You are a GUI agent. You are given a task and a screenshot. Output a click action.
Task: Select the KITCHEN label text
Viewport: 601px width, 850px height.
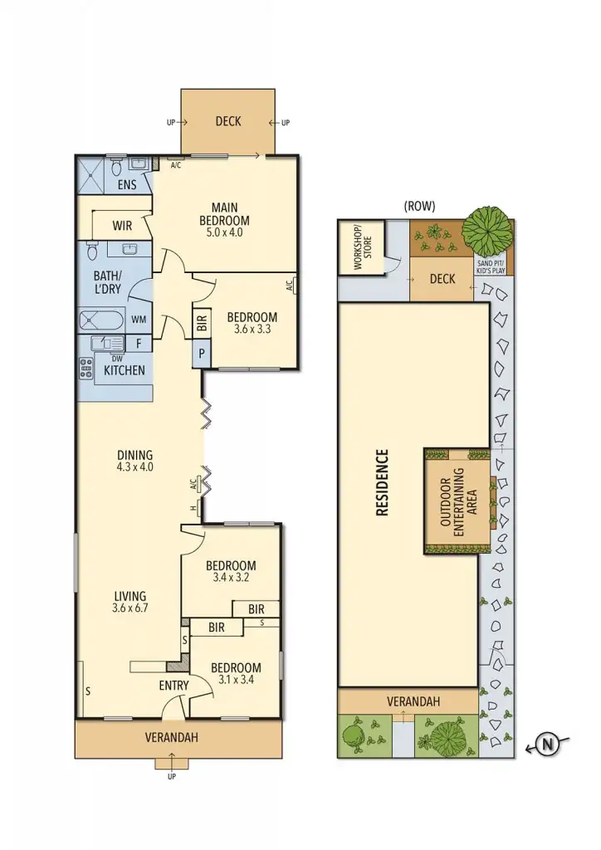pos(125,370)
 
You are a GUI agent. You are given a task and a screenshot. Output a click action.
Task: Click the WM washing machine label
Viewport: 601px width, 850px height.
pos(139,319)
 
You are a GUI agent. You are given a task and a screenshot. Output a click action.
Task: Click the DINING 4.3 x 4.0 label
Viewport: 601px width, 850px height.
pos(134,460)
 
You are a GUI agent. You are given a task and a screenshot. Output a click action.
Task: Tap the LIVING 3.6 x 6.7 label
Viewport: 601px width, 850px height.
pos(131,602)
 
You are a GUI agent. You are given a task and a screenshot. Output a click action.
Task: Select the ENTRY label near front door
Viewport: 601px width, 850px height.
pos(173,686)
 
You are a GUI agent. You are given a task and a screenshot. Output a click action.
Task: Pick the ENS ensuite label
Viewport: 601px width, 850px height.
pos(127,184)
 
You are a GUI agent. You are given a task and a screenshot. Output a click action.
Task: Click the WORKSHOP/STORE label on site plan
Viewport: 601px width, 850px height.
pos(359,247)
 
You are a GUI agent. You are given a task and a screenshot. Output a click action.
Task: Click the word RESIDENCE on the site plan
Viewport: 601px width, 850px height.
pos(382,483)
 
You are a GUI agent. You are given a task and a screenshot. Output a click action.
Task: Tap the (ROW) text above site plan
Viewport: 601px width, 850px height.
pos(418,206)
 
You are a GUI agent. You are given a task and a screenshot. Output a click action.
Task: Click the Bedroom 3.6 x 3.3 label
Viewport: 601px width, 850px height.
pos(252,322)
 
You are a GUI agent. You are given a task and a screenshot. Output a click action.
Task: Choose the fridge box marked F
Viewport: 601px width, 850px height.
pos(138,342)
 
